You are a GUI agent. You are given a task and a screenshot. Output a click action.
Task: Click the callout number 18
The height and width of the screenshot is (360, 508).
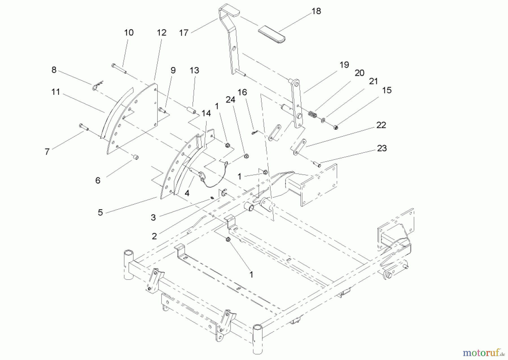pyautogui.click(x=316, y=11)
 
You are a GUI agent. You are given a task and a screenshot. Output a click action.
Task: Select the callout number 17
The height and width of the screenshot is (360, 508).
pyautogui.click(x=183, y=33)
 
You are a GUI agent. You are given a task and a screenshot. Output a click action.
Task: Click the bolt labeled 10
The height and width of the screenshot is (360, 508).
pyautogui.click(x=119, y=68)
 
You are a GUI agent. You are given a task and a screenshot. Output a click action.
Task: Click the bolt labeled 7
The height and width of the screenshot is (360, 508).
pyautogui.click(x=84, y=127)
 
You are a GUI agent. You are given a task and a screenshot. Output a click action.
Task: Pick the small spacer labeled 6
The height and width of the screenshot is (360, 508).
pyautogui.click(x=135, y=157)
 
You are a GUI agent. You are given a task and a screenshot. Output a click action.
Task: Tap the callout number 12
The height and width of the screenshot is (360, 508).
pyautogui.click(x=161, y=33)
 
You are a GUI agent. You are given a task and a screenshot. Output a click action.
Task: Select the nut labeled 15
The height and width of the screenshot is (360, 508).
pyautogui.click(x=336, y=127)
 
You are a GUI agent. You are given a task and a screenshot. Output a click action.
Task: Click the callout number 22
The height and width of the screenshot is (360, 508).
pyautogui.click(x=381, y=125)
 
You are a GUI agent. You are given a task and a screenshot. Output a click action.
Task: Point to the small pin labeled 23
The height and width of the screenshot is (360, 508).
pyautogui.click(x=316, y=164)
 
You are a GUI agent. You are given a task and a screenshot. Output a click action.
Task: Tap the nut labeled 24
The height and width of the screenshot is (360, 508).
pyautogui.click(x=246, y=156)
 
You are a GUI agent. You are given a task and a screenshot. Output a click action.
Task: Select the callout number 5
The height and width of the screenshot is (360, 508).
pyautogui.click(x=100, y=213)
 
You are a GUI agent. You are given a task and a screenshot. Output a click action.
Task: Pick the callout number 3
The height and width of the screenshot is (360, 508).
pyautogui.click(x=153, y=217)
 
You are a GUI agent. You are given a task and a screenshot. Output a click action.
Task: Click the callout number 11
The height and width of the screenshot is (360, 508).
pyautogui.click(x=56, y=92)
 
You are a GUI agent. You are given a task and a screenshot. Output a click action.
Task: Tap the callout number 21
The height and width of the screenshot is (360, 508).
pyautogui.click(x=373, y=81)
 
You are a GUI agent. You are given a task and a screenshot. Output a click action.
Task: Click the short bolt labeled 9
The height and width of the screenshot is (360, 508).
pyautogui.click(x=162, y=110)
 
